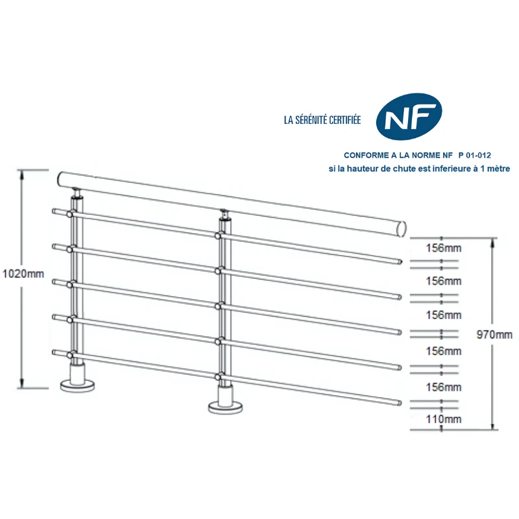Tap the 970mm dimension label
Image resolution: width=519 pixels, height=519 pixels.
tap(494, 335)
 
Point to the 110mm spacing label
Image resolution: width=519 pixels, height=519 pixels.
tap(444, 419)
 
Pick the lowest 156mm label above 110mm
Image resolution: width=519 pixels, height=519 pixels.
tap(444, 387)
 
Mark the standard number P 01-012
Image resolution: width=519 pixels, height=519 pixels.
tap(474, 156)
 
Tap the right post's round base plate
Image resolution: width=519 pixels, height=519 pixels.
tap(226, 407)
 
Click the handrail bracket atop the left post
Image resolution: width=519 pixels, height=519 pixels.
tap(77, 193)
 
